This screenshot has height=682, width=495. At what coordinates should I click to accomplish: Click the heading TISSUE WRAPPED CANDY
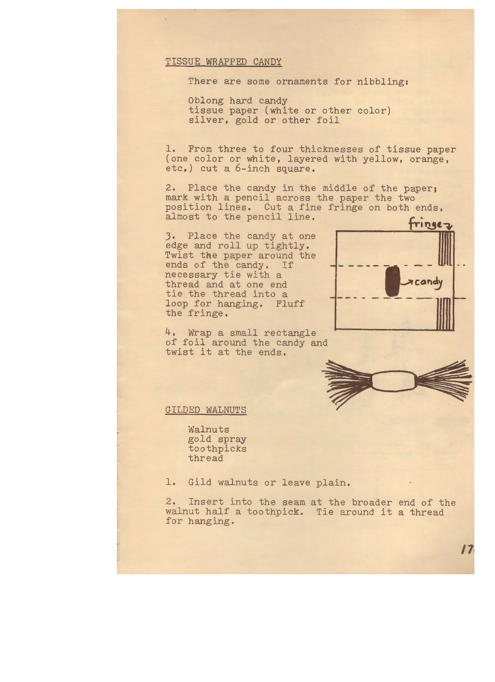[x=223, y=62]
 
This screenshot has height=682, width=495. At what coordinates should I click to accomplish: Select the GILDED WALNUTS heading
[x=206, y=410]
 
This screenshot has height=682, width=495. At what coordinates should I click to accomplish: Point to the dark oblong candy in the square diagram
[x=393, y=281]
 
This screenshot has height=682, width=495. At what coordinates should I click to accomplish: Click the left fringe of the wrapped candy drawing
[x=347, y=382]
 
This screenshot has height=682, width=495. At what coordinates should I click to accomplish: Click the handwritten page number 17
[x=467, y=550]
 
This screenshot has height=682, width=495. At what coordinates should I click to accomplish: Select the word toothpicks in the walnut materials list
[x=217, y=449]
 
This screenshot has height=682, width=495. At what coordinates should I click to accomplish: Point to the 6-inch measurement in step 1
[x=252, y=169]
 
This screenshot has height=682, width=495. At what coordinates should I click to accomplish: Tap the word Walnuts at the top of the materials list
[x=209, y=430]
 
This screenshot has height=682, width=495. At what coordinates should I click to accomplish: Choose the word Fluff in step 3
[x=290, y=304]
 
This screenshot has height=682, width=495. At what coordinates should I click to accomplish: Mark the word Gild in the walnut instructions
[x=200, y=483]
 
